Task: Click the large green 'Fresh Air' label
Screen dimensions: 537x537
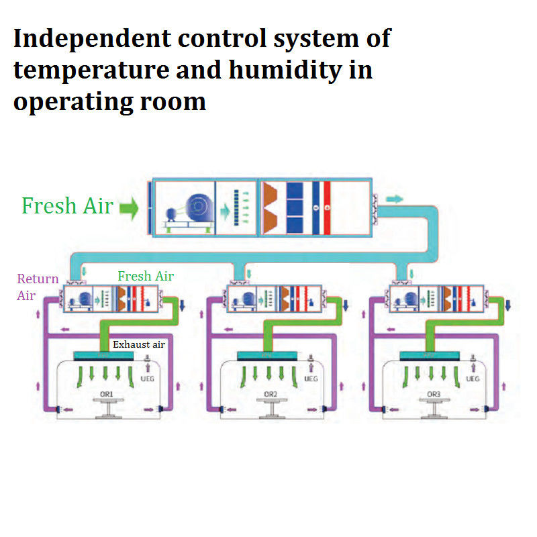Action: pyautogui.click(x=67, y=206)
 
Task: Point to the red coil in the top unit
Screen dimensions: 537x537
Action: pyautogui.click(x=327, y=207)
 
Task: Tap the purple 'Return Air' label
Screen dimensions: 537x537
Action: pyautogui.click(x=38, y=287)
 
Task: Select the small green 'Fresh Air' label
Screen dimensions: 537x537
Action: pyautogui.click(x=146, y=276)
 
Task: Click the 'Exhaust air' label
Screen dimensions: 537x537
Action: pyautogui.click(x=138, y=345)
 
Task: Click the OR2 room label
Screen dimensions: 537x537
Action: pyautogui.click(x=271, y=393)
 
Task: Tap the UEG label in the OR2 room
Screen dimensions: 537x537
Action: pyautogui.click(x=311, y=379)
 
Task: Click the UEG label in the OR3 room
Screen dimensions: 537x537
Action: pyautogui.click(x=473, y=379)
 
